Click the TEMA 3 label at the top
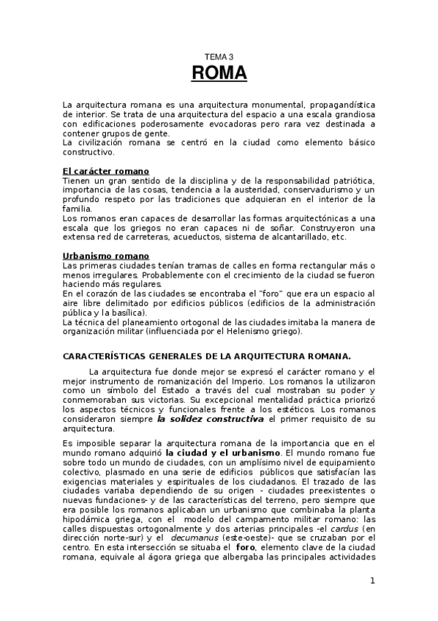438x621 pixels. [x=219, y=56]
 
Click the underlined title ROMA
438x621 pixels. [x=219, y=74]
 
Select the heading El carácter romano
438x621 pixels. [x=105, y=171]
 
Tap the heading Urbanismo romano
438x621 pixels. [x=105, y=256]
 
